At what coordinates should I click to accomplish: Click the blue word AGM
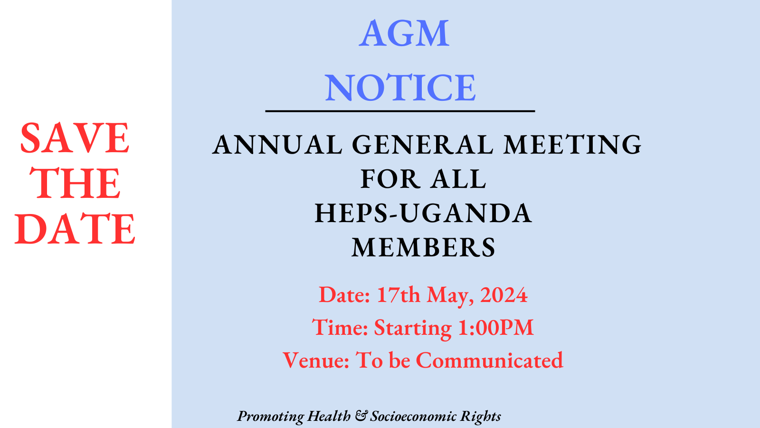[404, 33]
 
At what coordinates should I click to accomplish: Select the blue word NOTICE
[400, 88]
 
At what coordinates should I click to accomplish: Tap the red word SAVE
[75, 138]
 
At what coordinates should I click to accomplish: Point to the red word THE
[75, 184]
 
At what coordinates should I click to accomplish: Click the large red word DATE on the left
[75, 229]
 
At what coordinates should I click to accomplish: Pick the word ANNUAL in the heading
[277, 145]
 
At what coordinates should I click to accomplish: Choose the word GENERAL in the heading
[423, 145]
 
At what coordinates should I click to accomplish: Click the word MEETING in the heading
[572, 145]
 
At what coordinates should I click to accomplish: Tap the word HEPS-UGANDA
[423, 214]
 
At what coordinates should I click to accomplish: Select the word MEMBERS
[423, 247]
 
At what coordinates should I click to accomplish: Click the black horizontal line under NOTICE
[400, 111]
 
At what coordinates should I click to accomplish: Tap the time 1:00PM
[496, 328]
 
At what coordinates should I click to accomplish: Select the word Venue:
[316, 360]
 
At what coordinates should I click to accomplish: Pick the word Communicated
[490, 360]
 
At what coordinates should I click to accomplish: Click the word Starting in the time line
[413, 328]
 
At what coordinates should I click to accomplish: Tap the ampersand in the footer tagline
[361, 416]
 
